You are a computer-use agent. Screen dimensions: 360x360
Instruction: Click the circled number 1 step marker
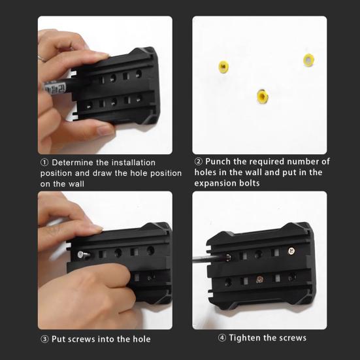pyautogui.click(x=44, y=163)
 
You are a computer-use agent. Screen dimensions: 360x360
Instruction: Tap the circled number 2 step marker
pyautogui.click(x=199, y=161)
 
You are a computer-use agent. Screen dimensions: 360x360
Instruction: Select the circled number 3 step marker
pyautogui.click(x=44, y=339)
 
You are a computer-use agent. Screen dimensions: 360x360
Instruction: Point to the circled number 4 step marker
pyautogui.click(x=221, y=338)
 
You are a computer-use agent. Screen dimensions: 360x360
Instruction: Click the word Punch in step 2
pyautogui.click(x=218, y=161)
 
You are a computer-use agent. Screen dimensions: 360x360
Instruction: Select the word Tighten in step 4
pyautogui.click(x=245, y=338)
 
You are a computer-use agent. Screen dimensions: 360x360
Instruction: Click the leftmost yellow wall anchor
pyautogui.click(x=223, y=67)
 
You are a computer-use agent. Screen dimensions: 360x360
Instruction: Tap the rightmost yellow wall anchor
pyautogui.click(x=309, y=60)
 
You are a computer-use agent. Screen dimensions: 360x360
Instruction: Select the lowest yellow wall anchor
pyautogui.click(x=263, y=96)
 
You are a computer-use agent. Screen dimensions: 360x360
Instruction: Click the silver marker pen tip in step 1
pyautogui.click(x=55, y=88)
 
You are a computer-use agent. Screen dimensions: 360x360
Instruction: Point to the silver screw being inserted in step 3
pyautogui.click(x=84, y=255)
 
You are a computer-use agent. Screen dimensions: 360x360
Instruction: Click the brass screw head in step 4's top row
pyautogui.click(x=291, y=251)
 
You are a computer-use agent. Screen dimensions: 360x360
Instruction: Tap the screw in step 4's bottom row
pyautogui.click(x=259, y=279)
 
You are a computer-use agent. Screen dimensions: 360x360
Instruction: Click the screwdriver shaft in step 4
pyautogui.click(x=209, y=259)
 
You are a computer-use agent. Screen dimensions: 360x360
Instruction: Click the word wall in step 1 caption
pyautogui.click(x=77, y=184)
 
